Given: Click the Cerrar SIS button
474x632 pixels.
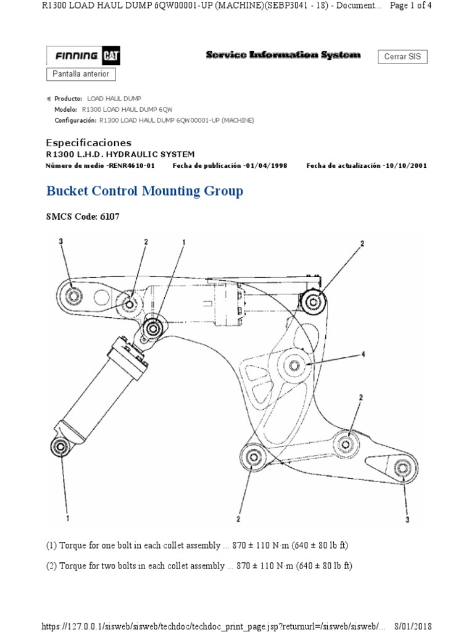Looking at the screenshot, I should [x=402, y=56].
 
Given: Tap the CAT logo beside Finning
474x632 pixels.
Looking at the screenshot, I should [x=112, y=56].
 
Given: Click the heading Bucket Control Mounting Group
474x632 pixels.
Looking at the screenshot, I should [x=144, y=191].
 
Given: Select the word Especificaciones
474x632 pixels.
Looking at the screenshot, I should [x=89, y=143].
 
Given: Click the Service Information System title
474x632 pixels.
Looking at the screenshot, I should [x=283, y=55].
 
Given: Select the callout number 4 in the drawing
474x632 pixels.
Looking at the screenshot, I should [x=363, y=354].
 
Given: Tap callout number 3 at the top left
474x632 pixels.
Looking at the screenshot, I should [x=61, y=241].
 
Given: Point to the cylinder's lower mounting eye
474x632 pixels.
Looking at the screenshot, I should [x=60, y=447].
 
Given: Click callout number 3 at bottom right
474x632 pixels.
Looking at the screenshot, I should [x=407, y=520].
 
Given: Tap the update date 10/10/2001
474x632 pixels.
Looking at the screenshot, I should [x=404, y=166].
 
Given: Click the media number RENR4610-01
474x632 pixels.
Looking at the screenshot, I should [x=131, y=166].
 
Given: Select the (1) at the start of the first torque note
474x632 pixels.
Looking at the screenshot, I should [x=51, y=546].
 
